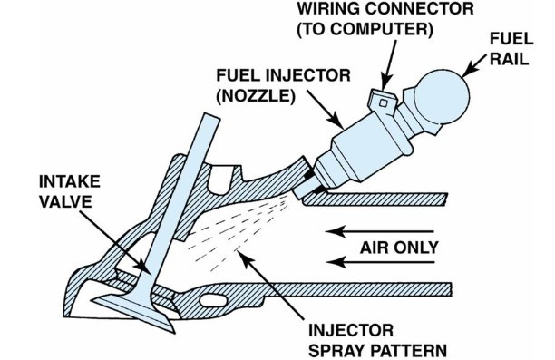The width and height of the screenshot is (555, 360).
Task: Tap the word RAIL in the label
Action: pos(509,59)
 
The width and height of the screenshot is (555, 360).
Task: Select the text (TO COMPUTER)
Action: pos(365,30)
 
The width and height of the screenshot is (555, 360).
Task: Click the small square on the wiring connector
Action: pos(383,103)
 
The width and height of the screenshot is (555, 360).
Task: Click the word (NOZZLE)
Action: pos(256,96)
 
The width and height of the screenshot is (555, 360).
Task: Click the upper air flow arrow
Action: pos(380,231)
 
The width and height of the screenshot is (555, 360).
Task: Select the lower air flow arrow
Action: pos(380,262)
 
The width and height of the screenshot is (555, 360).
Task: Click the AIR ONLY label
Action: pos(399,248)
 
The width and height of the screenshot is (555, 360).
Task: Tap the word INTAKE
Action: pos(70,181)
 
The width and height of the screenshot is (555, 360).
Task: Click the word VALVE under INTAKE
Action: pos(65,202)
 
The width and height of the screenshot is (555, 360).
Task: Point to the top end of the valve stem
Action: pos(212,115)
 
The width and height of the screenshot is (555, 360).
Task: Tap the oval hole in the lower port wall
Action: pos(213,300)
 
